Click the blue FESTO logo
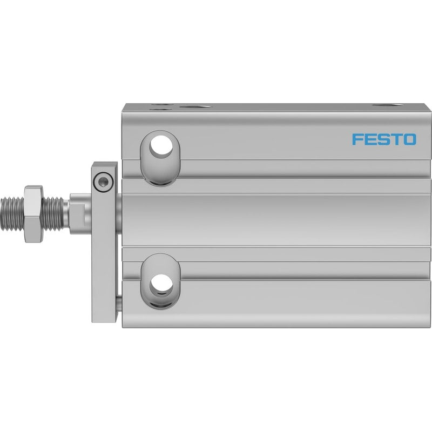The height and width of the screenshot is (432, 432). (384, 139)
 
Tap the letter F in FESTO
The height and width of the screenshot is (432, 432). (357, 139)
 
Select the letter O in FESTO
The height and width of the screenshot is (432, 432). (410, 139)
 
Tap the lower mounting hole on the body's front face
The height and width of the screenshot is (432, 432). (161, 284)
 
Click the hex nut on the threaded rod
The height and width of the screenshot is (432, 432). (34, 214)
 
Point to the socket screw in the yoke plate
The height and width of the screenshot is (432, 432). (104, 182)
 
